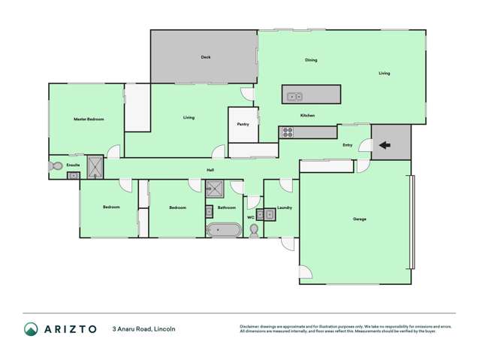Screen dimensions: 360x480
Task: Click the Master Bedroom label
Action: coord(89,119)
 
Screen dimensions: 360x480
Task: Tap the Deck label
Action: coord(205,57)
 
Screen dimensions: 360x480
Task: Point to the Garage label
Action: coord(359,219)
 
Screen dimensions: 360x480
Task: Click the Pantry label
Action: coord(243,124)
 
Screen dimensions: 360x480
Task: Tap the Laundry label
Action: coord(284,207)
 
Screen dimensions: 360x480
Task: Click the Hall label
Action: coord(211,170)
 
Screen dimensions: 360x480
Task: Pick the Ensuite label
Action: coord(73,165)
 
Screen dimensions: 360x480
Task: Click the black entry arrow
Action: coord(383,145)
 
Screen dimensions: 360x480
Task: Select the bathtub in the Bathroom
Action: coord(223,230)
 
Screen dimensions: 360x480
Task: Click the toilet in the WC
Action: coord(254,230)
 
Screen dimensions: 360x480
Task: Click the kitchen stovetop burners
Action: coord(286,133)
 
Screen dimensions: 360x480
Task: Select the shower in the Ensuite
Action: coord(95,167)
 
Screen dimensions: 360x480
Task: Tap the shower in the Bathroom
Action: coord(216,189)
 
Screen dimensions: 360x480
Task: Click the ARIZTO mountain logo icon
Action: coord(31,329)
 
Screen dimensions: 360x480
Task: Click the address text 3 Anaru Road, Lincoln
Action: coord(144,329)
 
